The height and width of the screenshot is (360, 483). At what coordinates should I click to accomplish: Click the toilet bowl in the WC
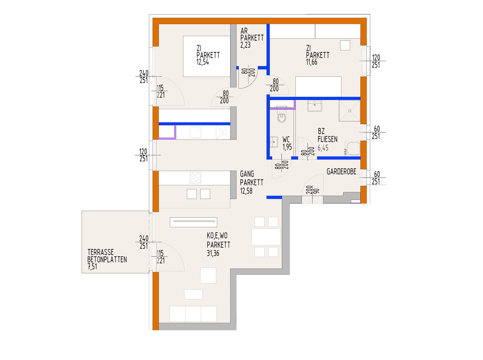[282, 117]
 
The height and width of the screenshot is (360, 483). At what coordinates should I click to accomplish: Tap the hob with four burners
[196, 178]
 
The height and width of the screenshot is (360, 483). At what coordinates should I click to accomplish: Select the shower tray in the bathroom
[349, 110]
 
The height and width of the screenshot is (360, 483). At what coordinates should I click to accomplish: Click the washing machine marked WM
[353, 149]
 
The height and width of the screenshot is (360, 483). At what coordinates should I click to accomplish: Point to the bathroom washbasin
[314, 106]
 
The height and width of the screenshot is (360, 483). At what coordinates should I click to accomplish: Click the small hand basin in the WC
[274, 142]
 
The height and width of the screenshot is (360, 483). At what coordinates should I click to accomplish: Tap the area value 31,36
[213, 253]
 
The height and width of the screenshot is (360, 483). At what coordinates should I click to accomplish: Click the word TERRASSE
[101, 252]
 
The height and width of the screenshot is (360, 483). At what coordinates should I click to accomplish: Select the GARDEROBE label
[341, 172]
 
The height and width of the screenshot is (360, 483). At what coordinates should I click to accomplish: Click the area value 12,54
[203, 62]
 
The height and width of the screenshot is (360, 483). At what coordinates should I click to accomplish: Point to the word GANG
[247, 174]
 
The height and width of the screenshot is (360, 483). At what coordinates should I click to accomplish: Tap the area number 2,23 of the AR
[245, 45]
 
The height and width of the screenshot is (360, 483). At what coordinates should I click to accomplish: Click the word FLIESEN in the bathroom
[327, 139]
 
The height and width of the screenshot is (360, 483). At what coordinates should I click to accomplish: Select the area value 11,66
[311, 62]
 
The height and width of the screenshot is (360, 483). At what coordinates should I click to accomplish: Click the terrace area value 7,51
[92, 267]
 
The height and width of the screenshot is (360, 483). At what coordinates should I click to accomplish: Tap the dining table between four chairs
[266, 237]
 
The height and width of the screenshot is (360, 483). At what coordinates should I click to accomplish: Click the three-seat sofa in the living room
[193, 314]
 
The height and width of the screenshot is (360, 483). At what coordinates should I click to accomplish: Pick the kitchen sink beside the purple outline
[196, 132]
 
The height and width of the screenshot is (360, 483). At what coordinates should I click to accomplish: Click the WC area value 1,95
[287, 147]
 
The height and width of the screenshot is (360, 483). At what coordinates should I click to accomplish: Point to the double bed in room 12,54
[207, 56]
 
